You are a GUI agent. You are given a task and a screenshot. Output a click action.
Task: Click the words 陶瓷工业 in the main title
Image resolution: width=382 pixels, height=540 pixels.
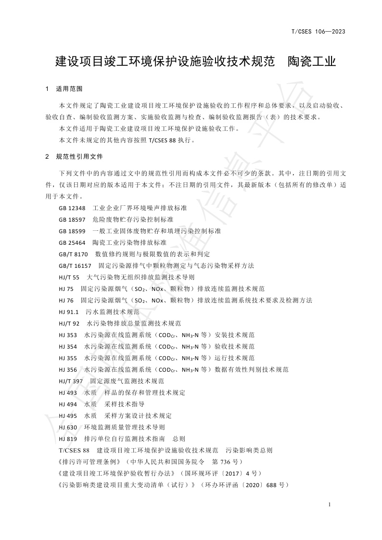311,62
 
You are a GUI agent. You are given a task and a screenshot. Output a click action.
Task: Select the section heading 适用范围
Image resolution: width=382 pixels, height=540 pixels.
69,89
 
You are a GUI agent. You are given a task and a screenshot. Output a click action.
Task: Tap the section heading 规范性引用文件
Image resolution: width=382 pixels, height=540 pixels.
79,157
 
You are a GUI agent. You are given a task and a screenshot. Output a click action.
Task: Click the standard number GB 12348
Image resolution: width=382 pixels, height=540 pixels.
72,208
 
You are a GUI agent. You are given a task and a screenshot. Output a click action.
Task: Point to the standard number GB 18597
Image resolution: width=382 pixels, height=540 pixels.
72,219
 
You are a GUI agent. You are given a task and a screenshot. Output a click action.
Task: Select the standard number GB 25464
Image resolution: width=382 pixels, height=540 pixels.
72,242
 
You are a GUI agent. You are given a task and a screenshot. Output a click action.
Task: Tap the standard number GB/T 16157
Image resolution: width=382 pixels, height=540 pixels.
75,265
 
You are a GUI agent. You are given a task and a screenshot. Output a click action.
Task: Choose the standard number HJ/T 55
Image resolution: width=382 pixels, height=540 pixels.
69,277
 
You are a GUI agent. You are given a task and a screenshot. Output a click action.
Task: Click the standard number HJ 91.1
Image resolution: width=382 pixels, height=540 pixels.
68,312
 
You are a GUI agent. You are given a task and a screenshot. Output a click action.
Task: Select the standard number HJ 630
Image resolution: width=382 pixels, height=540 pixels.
68,427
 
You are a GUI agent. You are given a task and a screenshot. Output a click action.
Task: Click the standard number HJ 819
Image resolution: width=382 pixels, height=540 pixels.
68,439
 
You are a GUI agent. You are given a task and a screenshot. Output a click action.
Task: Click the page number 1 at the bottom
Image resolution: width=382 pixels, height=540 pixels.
329,504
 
